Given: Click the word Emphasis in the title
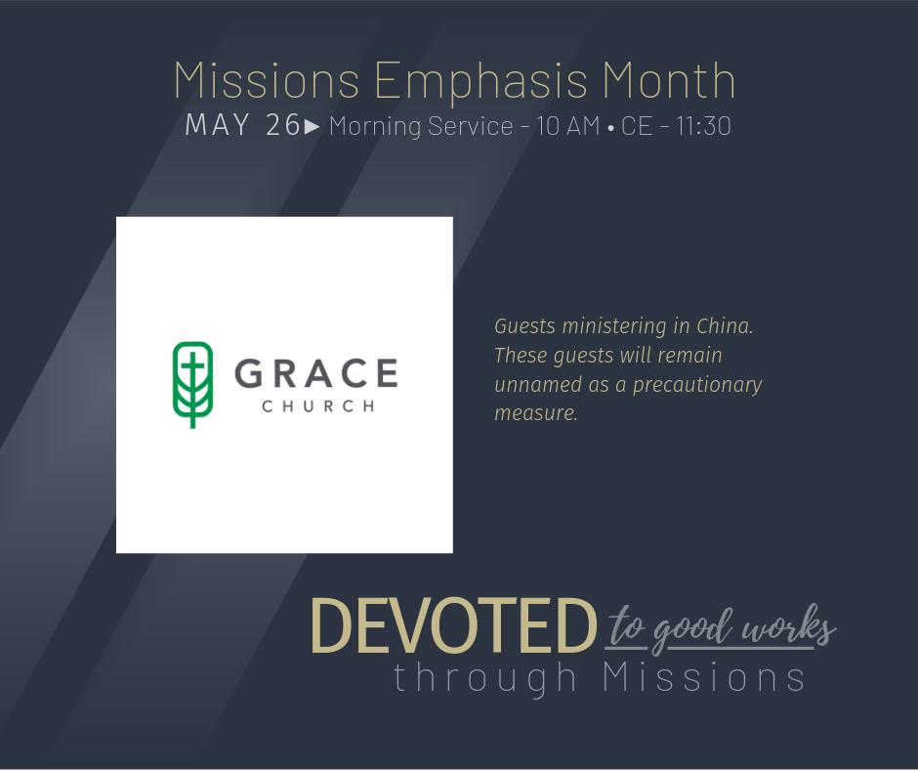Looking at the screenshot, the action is click(480, 81).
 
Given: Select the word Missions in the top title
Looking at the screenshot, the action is click(267, 80).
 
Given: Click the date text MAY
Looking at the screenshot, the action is click(217, 125).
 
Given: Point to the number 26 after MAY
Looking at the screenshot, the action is click(283, 125).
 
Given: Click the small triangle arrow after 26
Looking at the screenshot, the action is click(313, 126).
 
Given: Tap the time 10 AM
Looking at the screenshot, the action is click(568, 126).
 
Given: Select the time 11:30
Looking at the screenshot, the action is click(703, 126).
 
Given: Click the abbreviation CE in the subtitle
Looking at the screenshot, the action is click(637, 126).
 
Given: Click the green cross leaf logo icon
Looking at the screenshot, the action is click(192, 384).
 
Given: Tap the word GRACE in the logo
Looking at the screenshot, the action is click(316, 373).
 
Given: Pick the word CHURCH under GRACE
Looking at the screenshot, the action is click(318, 406).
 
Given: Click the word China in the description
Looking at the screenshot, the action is click(725, 325).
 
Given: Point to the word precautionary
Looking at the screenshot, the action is click(697, 385).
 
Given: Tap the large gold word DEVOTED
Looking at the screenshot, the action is click(453, 625).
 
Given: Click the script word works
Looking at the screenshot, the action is click(788, 627).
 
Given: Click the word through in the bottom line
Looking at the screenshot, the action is click(486, 678).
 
